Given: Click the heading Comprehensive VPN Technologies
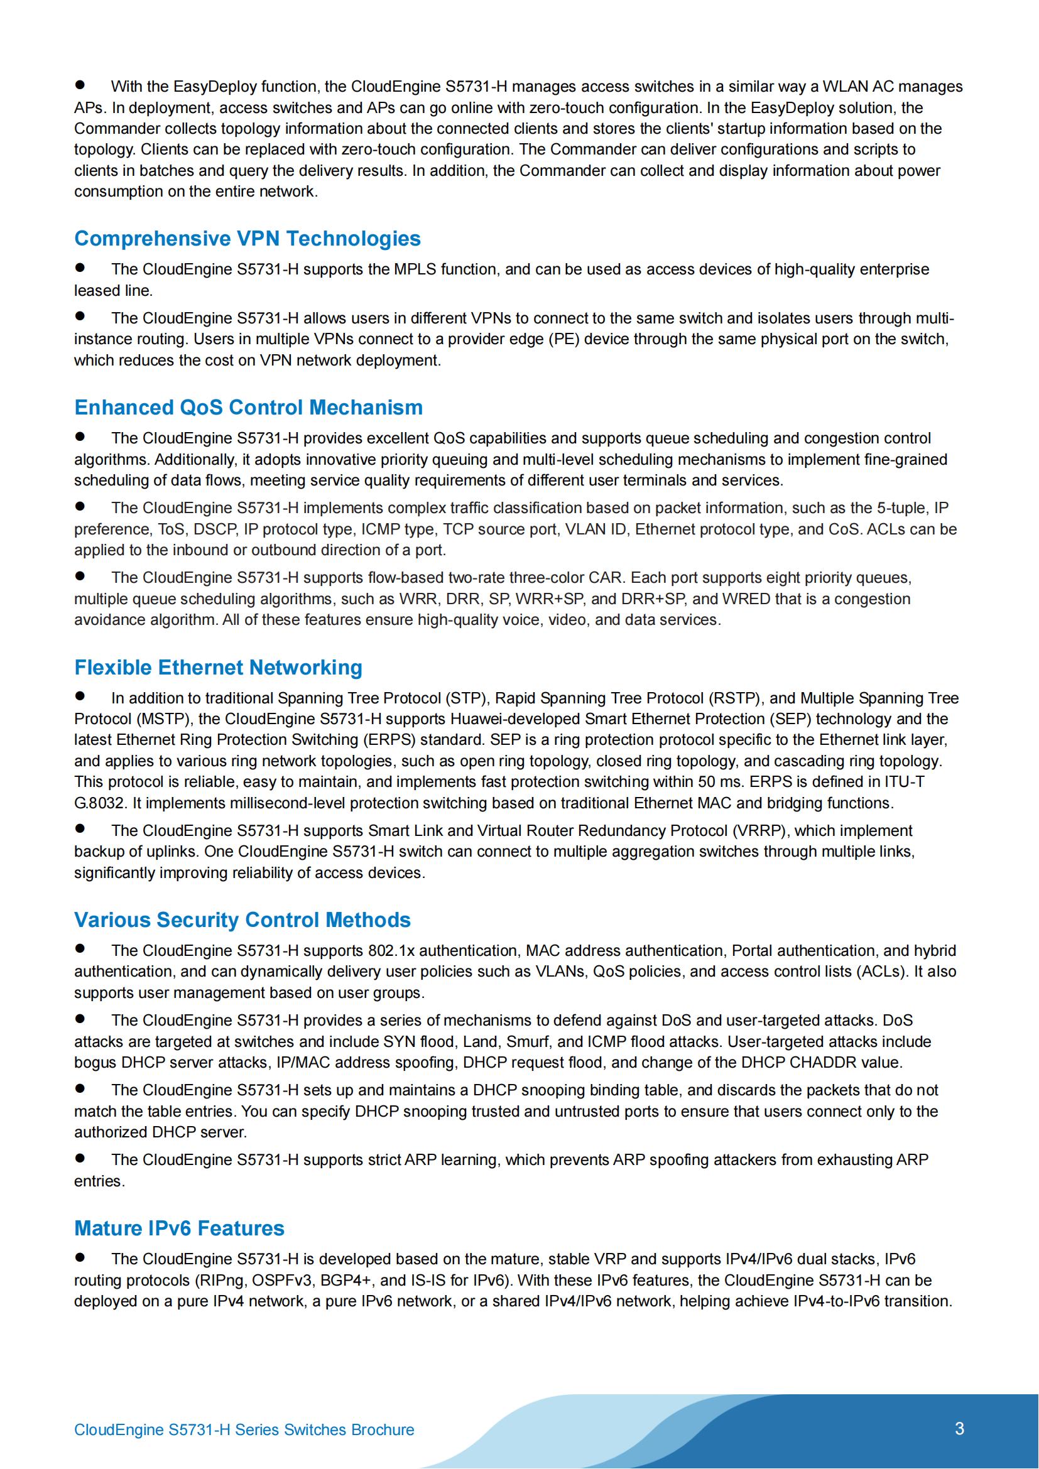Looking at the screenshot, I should tap(247, 239).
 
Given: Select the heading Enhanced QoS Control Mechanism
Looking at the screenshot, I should tap(248, 408).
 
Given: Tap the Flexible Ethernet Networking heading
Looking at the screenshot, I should tap(218, 668).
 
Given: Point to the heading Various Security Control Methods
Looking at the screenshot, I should tap(242, 919).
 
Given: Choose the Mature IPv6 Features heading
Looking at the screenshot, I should tap(179, 1228).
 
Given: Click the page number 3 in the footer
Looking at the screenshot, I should tap(959, 1428).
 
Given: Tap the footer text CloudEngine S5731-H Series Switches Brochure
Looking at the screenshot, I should tap(244, 1429).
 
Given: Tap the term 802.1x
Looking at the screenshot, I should tap(391, 951).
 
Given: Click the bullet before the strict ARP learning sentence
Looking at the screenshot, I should tap(80, 1157).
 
